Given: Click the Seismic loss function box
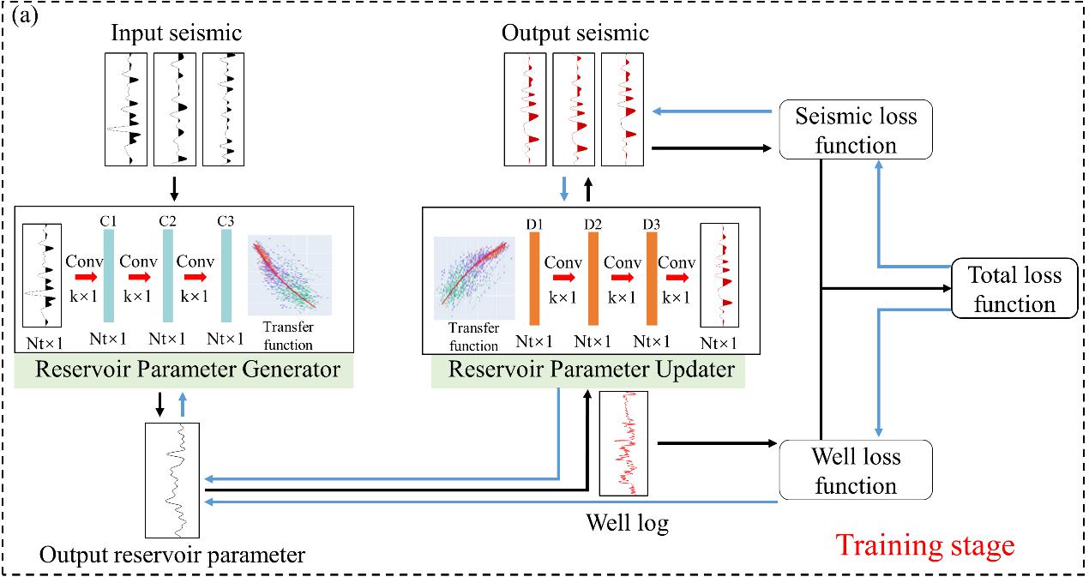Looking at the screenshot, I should [x=855, y=130].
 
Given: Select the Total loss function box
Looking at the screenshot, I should [x=1014, y=289].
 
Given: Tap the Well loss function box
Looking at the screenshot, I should [x=855, y=470].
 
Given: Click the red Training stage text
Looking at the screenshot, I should [x=924, y=545].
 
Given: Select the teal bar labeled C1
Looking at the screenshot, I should [x=109, y=278].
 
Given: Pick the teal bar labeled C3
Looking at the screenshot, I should [x=226, y=278].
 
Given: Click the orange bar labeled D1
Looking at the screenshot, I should [x=534, y=278].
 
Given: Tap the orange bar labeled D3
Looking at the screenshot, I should [x=652, y=278].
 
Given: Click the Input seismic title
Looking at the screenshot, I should [x=176, y=33].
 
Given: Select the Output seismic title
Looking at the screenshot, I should [x=575, y=33].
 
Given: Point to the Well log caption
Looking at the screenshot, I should [x=626, y=521].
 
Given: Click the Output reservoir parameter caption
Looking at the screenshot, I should [x=171, y=555].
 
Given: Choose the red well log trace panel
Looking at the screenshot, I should [x=623, y=442].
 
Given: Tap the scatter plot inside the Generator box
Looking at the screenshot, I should [x=289, y=276].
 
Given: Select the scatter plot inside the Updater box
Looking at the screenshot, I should [x=473, y=276].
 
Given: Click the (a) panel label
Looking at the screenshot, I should [x=25, y=17].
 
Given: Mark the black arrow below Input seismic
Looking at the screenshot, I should [x=175, y=187].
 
